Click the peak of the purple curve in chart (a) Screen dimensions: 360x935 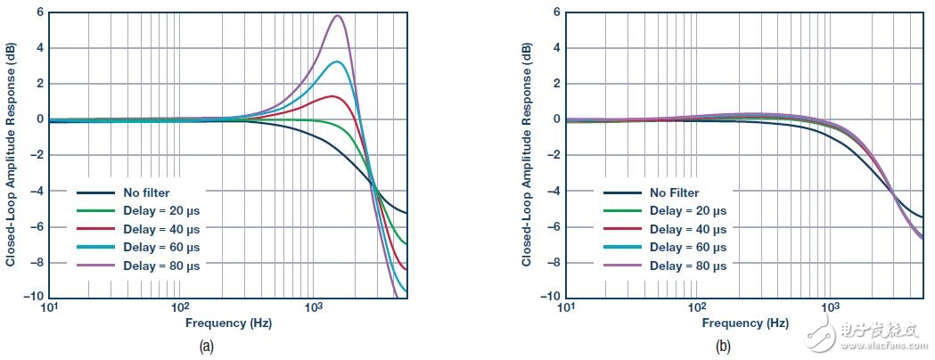pyautogui.click(x=337, y=15)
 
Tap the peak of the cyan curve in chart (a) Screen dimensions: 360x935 pyautogui.click(x=335, y=61)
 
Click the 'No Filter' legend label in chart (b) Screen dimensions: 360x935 pyautogui.click(x=675, y=192)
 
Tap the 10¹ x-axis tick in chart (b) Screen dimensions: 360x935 pyautogui.click(x=565, y=307)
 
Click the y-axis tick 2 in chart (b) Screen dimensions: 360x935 pyautogui.click(x=555, y=83)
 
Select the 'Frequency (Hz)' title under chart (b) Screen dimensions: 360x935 pyautogui.click(x=745, y=323)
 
